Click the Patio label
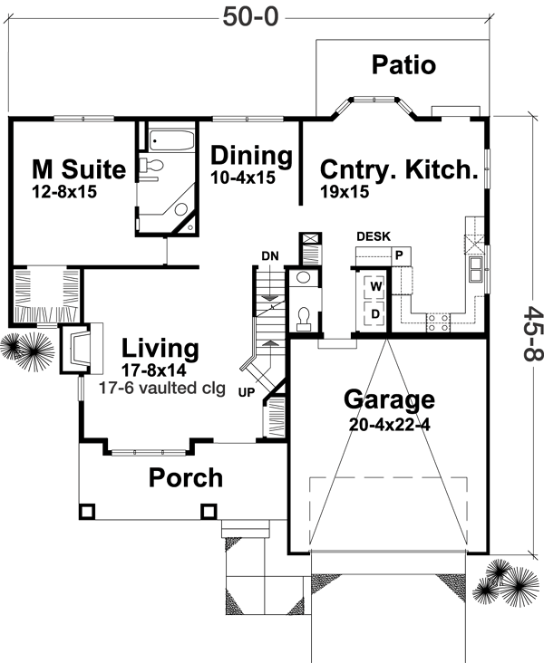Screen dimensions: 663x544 [403, 65]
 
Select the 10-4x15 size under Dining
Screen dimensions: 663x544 [242, 178]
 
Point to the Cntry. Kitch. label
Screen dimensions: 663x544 [398, 169]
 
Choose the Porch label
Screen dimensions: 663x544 [186, 476]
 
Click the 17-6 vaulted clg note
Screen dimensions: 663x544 [159, 385]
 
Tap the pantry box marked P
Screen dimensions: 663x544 [397, 255]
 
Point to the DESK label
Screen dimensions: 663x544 [374, 236]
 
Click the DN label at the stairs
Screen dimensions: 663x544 [269, 255]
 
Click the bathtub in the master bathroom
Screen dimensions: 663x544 [170, 140]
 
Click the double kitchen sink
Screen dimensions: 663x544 [474, 271]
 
